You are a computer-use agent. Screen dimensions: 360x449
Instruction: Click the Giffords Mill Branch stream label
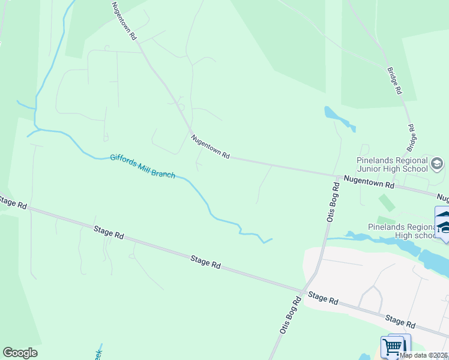(x=142, y=166)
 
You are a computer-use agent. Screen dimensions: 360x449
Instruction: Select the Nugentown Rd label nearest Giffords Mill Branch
(x=211, y=147)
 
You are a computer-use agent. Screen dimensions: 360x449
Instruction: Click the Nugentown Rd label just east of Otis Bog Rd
(x=368, y=182)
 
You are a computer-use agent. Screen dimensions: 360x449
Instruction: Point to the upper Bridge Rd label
(x=394, y=81)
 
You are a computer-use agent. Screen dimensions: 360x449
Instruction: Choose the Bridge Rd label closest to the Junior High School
(x=412, y=137)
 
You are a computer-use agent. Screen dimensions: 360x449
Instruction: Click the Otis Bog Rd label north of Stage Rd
(x=333, y=203)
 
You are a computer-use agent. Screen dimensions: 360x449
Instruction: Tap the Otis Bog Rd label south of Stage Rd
(x=289, y=315)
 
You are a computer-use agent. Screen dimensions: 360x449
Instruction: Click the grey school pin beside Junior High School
(x=437, y=163)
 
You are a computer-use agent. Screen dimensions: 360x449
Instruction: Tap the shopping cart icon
(x=393, y=347)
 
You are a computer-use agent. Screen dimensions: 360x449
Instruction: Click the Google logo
(x=20, y=353)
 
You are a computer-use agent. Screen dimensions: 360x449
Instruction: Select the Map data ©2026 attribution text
(x=424, y=355)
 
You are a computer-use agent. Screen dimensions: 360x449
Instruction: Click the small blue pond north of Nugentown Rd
(x=338, y=118)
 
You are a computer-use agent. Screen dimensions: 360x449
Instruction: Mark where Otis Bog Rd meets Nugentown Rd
(x=336, y=176)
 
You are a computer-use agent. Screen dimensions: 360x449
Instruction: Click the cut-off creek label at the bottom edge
(x=98, y=354)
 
